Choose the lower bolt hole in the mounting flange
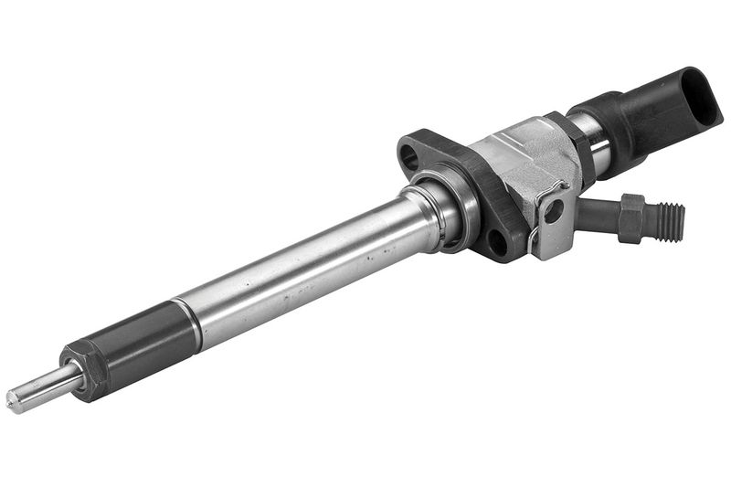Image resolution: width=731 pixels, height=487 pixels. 496,241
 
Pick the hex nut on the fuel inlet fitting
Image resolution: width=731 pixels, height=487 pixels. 632,217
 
